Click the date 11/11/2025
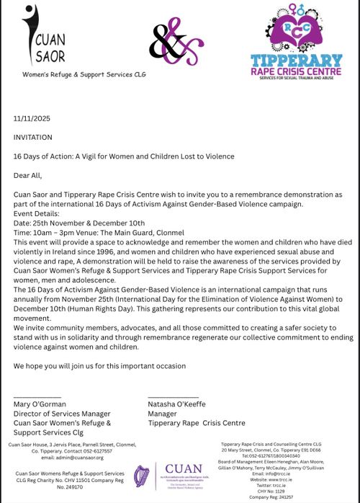tap(29, 117)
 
